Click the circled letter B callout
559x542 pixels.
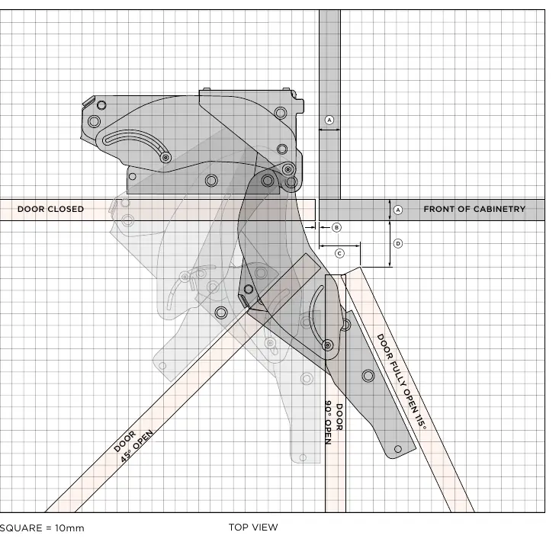[x=336, y=227]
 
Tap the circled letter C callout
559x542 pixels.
[x=339, y=253]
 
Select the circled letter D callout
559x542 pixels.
[x=398, y=244]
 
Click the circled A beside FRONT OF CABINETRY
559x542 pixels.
[x=398, y=210]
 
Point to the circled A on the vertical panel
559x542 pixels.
[x=329, y=120]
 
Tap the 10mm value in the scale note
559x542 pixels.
[x=69, y=528]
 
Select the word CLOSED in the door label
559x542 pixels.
[x=67, y=209]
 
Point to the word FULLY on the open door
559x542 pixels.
[x=398, y=373]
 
